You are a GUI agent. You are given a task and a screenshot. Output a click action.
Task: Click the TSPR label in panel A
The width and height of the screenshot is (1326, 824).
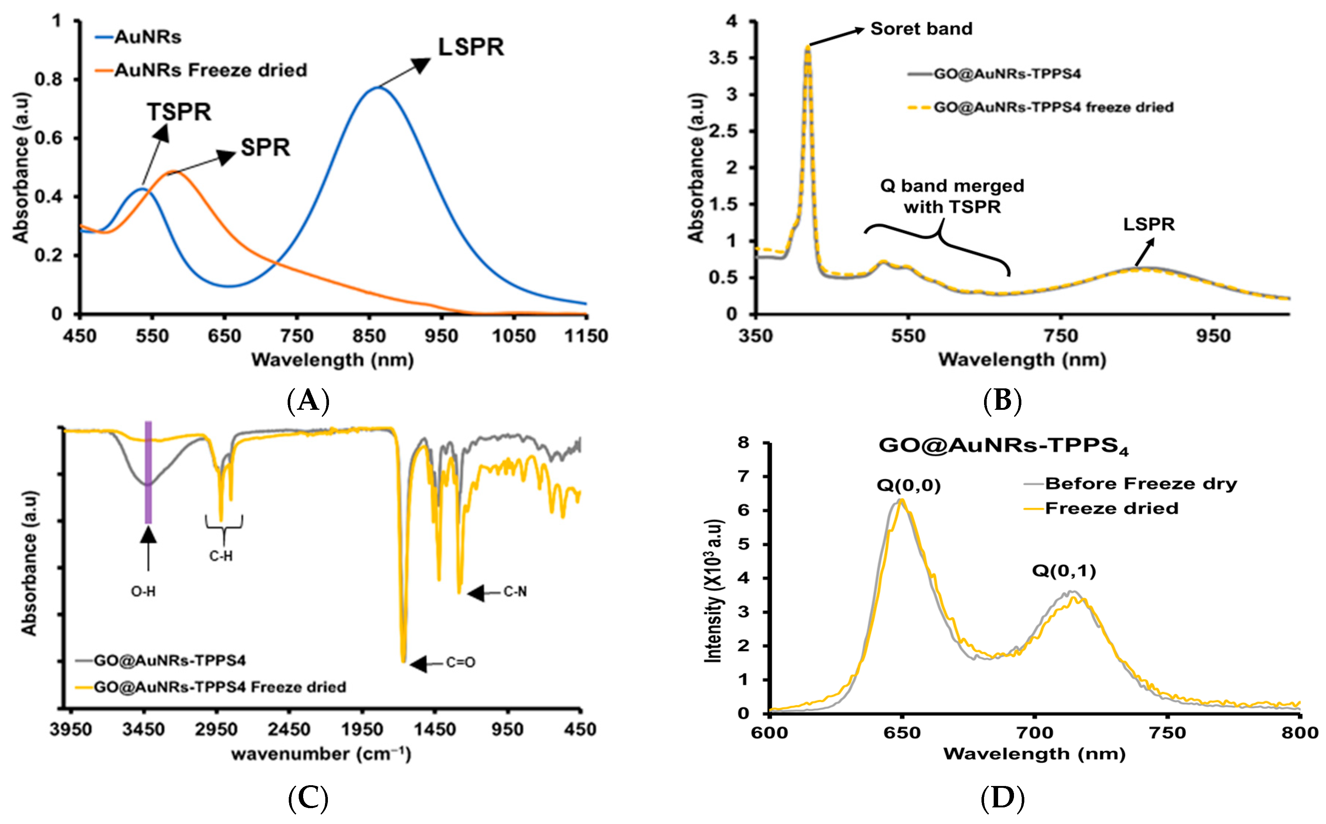[179, 112]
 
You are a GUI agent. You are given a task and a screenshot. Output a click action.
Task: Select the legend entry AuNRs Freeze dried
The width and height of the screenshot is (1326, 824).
[210, 70]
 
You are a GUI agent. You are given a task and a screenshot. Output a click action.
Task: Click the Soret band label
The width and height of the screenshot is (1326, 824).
[921, 29]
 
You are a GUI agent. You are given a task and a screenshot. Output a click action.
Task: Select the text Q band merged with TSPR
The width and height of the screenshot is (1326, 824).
[952, 196]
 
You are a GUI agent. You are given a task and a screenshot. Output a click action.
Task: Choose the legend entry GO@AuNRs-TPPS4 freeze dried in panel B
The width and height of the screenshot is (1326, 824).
[1053, 107]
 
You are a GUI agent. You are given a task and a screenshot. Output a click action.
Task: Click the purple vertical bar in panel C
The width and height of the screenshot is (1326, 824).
[148, 472]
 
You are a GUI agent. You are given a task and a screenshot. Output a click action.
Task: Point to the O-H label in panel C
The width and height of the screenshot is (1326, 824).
[143, 591]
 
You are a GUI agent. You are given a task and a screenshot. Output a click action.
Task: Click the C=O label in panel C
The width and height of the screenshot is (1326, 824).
[460, 663]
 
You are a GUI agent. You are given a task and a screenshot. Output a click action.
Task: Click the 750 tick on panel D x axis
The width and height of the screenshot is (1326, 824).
[1167, 732]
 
